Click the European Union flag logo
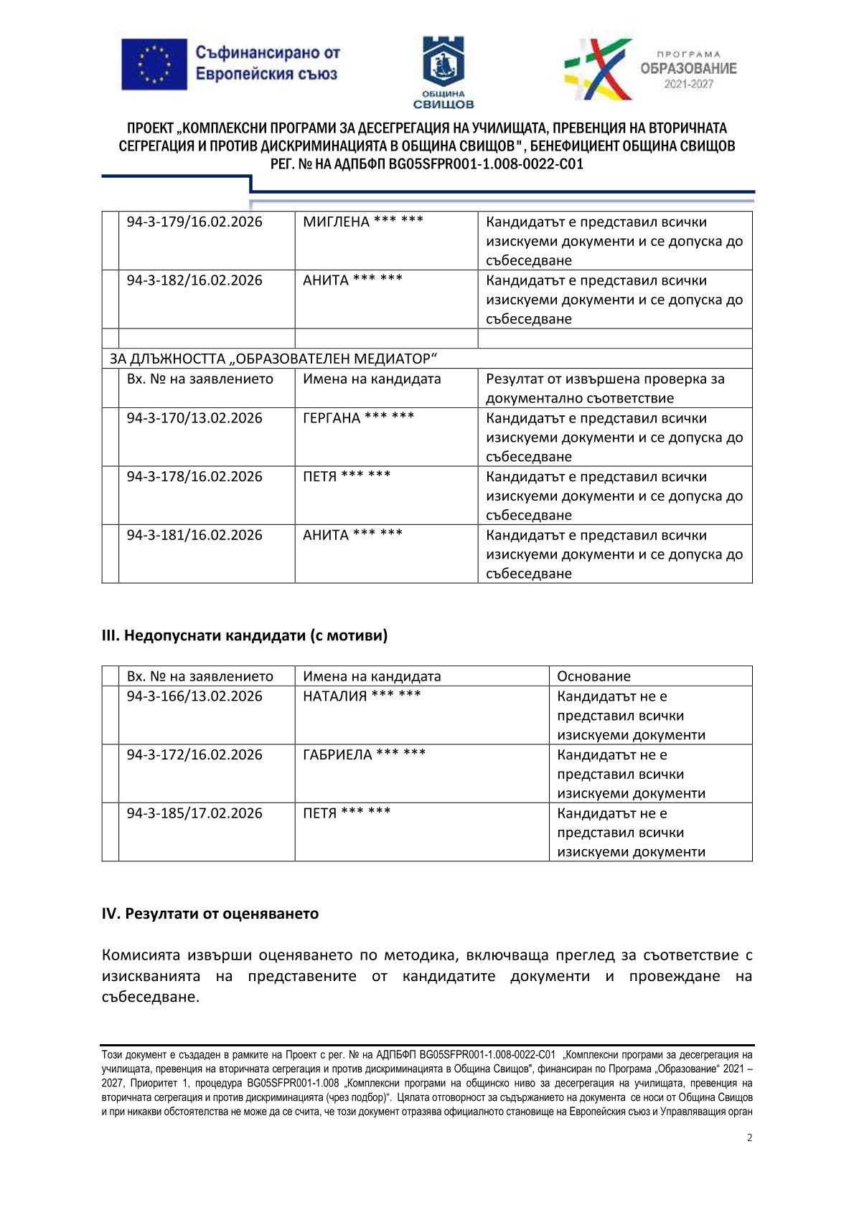point(154,64)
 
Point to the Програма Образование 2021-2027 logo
point(649,69)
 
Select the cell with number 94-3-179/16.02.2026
point(194,222)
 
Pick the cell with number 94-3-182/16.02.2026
point(194,280)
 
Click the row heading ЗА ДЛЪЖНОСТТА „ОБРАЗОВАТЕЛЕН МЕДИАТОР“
point(273,359)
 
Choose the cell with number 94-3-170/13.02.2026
point(194,418)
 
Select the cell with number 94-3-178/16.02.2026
point(194,477)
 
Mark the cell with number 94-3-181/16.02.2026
point(194,535)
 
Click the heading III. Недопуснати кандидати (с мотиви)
point(245,635)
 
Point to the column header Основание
point(593,676)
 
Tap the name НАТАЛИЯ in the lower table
point(334,696)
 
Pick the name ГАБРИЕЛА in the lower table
point(337,754)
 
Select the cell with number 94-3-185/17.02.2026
point(194,813)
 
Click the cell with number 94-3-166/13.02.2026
point(194,696)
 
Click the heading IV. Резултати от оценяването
point(210,914)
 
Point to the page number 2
point(750,1137)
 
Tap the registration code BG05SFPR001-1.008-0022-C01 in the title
point(486,164)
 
